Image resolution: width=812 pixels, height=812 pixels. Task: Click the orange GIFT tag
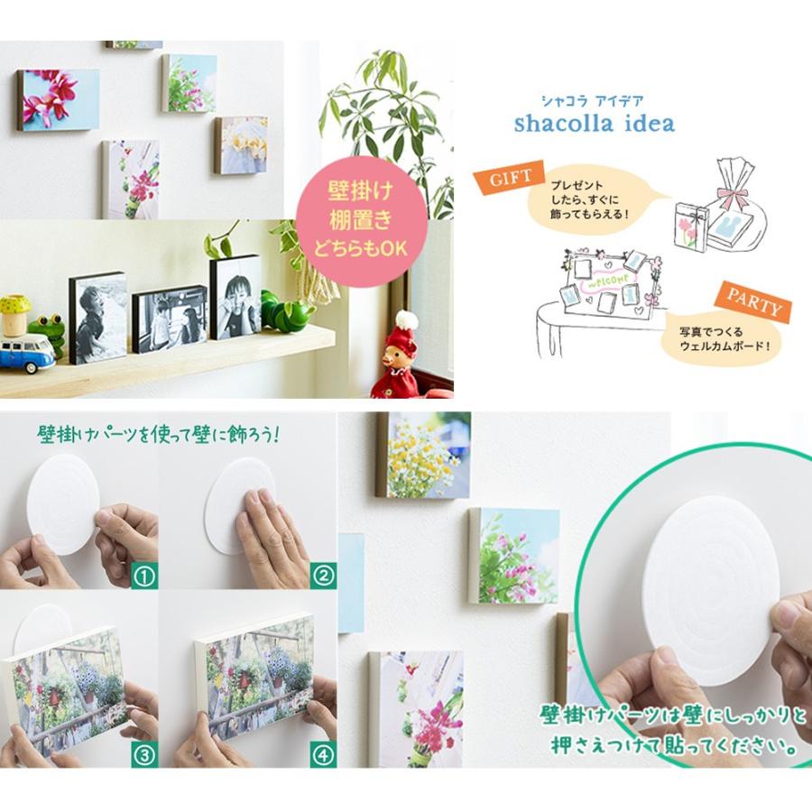pos(510,177)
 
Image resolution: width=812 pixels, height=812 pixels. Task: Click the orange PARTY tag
pos(754,302)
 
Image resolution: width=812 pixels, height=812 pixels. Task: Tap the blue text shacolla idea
pos(594,124)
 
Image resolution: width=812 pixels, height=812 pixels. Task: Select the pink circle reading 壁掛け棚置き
pos(362,221)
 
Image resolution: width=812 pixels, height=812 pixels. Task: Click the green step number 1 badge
pos(144,576)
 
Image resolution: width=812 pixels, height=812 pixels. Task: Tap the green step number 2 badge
pos(323,576)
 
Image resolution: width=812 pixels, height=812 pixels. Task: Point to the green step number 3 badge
pos(144,754)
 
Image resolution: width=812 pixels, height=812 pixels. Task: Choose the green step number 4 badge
pos(323,754)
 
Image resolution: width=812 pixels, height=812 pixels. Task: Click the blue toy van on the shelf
pos(26,353)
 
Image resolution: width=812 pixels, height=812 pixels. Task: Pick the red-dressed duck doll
pos(396,358)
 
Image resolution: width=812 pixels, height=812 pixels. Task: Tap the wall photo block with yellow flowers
pos(423,456)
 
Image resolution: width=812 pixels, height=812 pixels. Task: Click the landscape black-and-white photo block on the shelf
pos(170,318)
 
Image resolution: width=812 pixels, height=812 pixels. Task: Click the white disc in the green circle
pos(713,590)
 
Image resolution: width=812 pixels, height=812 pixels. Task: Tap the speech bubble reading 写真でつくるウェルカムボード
pos(723,338)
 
